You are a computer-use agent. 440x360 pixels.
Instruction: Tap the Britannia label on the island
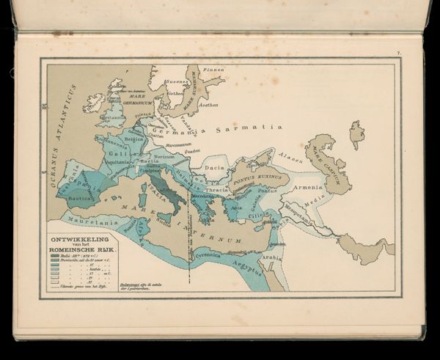(112, 116)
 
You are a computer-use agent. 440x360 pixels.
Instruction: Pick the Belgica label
(133, 138)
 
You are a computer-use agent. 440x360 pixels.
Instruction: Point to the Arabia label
(272, 258)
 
